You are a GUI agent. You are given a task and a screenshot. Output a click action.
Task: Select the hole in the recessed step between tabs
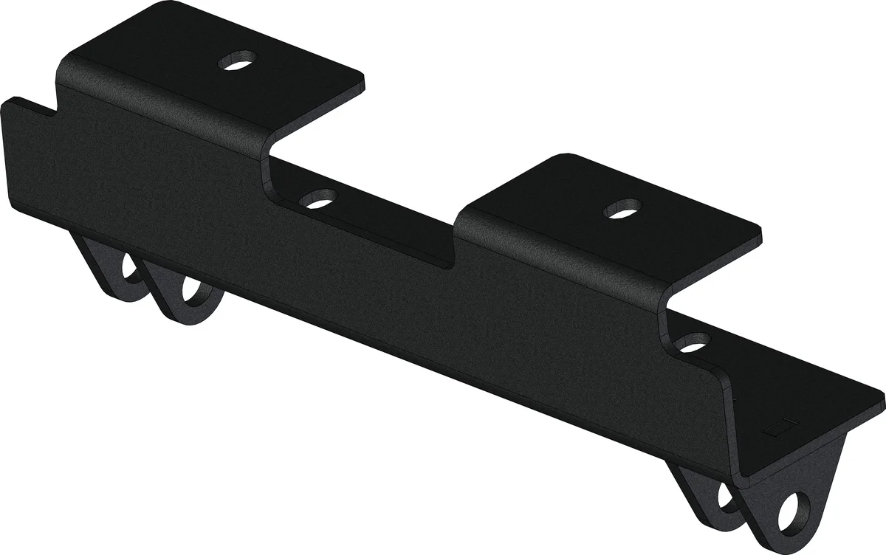(320, 199)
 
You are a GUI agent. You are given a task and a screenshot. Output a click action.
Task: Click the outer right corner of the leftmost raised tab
(362, 75)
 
